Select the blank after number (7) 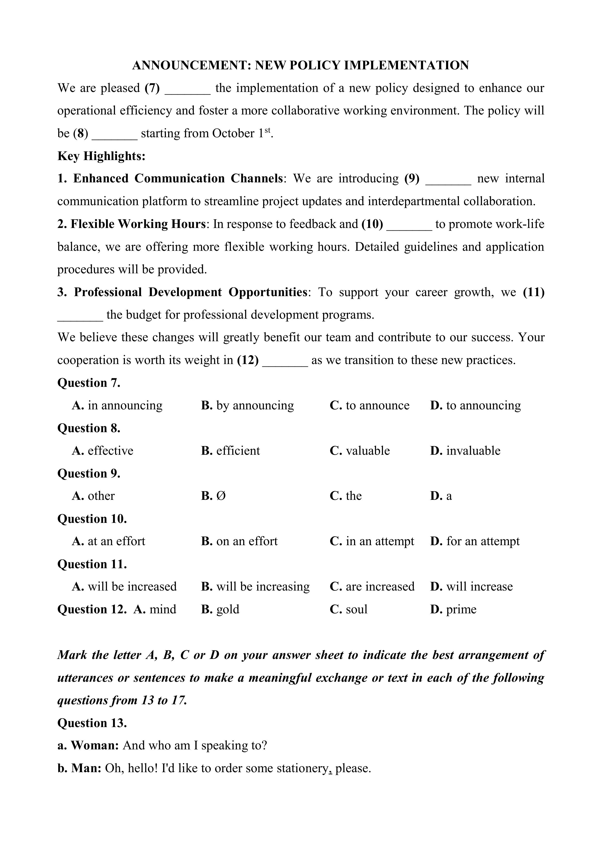187,89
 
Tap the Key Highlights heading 101,156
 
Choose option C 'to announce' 370,405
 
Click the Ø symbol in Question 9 221,496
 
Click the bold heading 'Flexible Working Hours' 138,224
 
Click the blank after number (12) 285,361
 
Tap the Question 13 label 92,723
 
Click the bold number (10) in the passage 372,224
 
